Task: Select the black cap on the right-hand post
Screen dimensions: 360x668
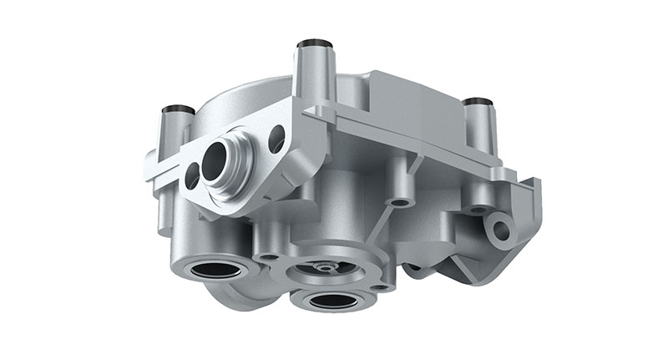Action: (476, 102)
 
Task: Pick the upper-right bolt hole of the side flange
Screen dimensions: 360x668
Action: (276, 136)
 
